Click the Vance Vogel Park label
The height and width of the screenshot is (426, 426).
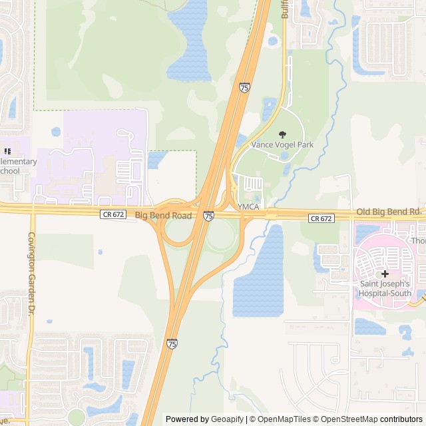(277, 144)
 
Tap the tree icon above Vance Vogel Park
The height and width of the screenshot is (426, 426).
(282, 134)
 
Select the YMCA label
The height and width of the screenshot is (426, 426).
(248, 206)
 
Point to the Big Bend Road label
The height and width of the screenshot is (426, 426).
(163, 216)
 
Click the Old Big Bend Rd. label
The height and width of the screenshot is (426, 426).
(389, 212)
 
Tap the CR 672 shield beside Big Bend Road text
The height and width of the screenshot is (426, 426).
(113, 214)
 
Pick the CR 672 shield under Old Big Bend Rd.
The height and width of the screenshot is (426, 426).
(321, 218)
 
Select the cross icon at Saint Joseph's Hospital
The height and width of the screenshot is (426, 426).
(385, 274)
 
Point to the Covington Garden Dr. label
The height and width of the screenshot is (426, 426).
(31, 273)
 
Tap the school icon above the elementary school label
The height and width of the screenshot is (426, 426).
(7, 151)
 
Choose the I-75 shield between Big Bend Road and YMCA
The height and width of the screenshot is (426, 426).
(209, 216)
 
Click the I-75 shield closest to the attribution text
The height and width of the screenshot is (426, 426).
(172, 343)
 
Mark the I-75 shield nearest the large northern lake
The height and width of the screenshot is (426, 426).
(244, 87)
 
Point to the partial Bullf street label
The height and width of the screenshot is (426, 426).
(285, 8)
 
